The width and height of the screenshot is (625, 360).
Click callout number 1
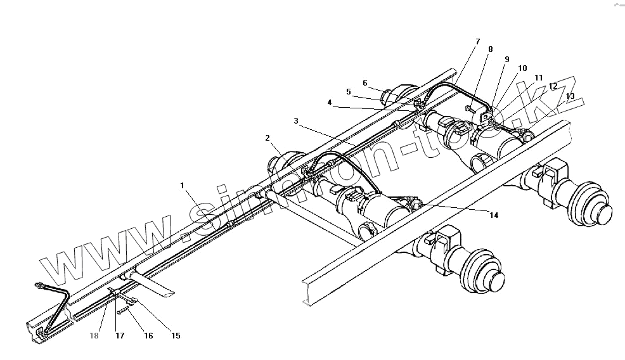[x=182, y=186]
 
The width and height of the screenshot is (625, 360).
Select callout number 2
[x=267, y=138]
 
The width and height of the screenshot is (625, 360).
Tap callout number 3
[x=296, y=120]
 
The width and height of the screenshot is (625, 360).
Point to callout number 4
[x=330, y=103]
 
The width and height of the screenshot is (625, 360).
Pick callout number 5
[x=348, y=91]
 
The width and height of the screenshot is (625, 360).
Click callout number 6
[x=365, y=82]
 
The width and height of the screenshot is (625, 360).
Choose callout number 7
[x=477, y=42]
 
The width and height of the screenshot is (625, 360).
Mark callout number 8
[x=490, y=49]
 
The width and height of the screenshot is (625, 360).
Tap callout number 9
[x=506, y=59]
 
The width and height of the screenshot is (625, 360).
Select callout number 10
[x=522, y=68]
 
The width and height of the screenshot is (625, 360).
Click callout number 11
[x=538, y=77]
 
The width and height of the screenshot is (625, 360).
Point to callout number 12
[x=553, y=86]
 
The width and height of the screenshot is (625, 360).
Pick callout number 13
[x=570, y=96]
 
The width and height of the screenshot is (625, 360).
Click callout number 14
[x=493, y=215]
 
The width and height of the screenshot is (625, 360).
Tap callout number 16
[x=148, y=336]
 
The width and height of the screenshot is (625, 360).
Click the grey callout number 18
[x=94, y=336]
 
